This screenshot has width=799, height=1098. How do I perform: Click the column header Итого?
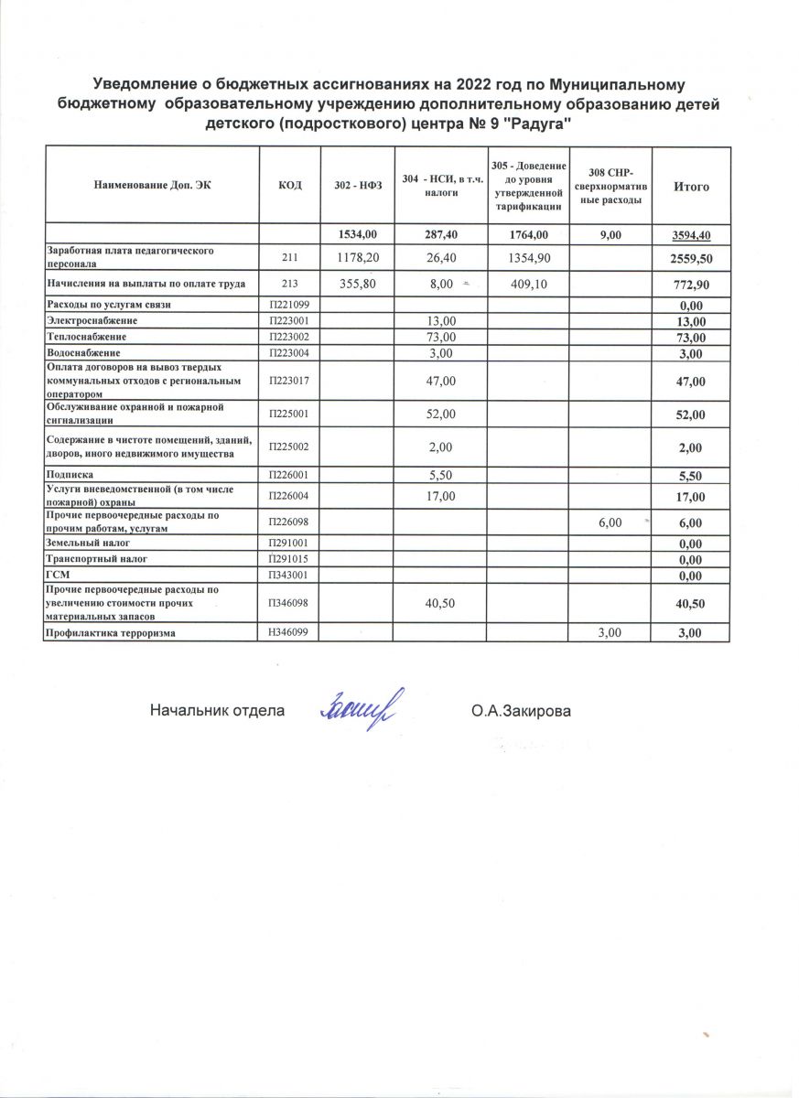691,187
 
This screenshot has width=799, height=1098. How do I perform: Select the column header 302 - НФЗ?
358,187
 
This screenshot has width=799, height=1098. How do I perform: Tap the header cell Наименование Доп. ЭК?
152,187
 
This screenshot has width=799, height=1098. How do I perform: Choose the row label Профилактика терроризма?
111,633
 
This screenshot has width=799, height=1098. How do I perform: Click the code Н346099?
288,633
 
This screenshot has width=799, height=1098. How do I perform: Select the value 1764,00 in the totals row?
528,235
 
